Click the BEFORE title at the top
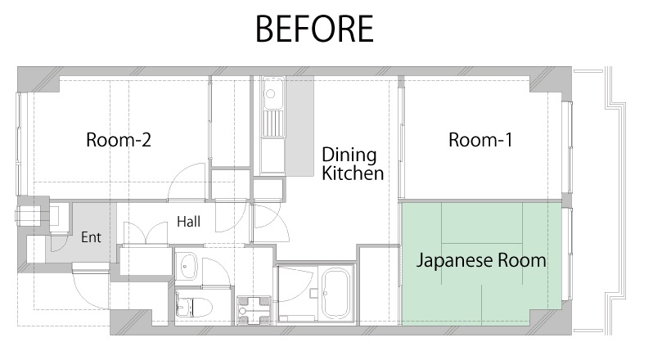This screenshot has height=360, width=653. [x=314, y=29]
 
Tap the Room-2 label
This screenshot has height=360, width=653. [x=119, y=140]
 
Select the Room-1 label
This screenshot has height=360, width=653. [x=480, y=140]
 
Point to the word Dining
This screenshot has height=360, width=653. [x=349, y=156]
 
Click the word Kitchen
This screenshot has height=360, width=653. [x=353, y=173]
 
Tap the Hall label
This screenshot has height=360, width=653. [x=189, y=222]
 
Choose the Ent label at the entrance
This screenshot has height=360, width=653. [x=91, y=237]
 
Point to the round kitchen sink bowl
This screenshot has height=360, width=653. [x=270, y=94]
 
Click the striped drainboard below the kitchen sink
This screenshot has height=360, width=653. [x=272, y=124]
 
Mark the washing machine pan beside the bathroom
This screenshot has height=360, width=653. [x=254, y=310]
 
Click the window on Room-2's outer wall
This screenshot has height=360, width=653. [x=19, y=143]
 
